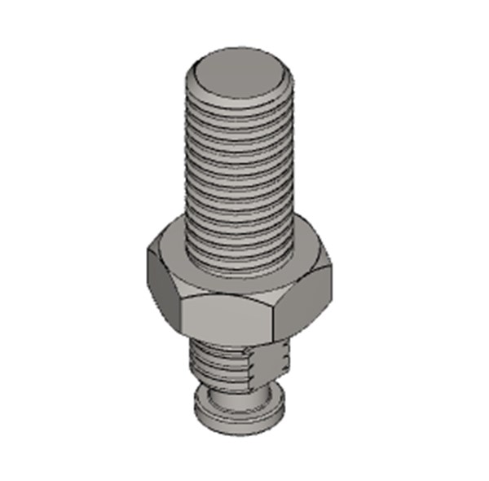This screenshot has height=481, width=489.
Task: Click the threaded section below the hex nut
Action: click(x=216, y=363)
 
